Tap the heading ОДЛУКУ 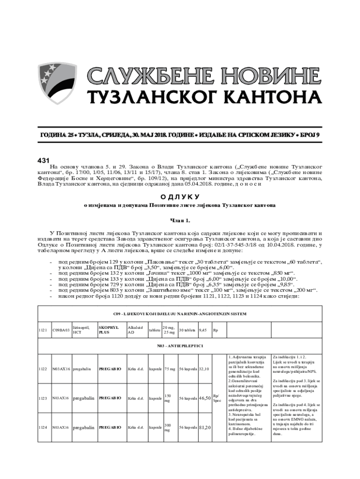coord(180,196)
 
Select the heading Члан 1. coord(180,220)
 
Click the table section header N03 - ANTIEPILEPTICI coord(180,347)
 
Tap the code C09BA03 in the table coord(61,330)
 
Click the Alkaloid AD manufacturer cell coord(136,330)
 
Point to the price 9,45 coord(203,330)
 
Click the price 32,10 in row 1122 coord(204,369)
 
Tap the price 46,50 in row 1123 coord(204,398)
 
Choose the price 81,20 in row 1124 coord(204,428)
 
